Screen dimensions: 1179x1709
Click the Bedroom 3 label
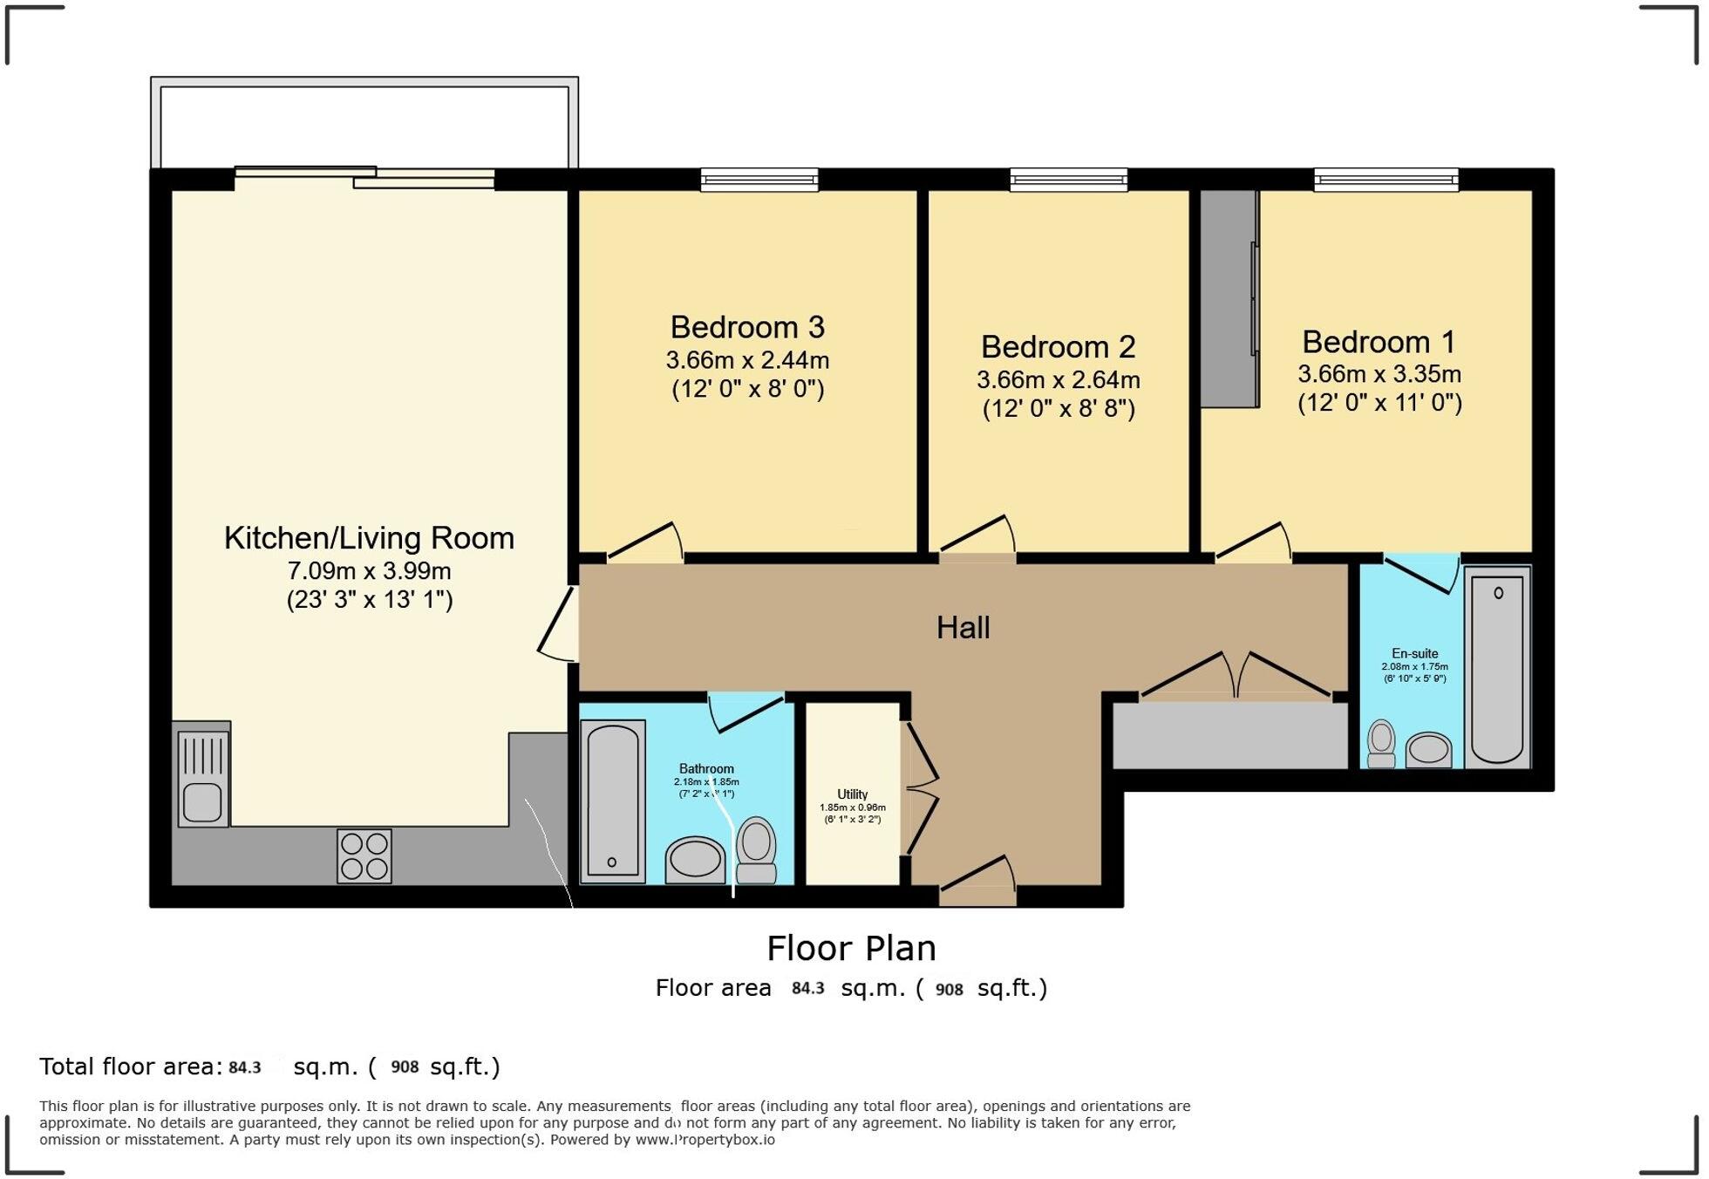tap(747, 328)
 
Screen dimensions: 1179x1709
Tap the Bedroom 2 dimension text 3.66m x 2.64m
tap(1058, 380)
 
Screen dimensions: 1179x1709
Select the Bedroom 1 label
tap(1379, 342)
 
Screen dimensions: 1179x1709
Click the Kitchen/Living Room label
tap(369, 538)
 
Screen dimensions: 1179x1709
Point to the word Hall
tap(963, 628)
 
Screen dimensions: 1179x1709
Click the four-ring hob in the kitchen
tap(364, 855)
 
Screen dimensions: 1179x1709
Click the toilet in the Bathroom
tap(756, 850)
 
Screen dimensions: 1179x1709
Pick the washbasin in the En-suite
tap(1428, 749)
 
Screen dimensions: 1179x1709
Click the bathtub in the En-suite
tap(1497, 667)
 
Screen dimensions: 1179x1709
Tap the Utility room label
tap(852, 794)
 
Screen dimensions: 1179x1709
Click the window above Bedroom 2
tap(1068, 181)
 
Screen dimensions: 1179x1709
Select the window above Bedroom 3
tap(759, 181)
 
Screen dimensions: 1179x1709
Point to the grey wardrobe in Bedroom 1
tap(1229, 298)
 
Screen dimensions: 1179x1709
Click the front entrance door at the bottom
tap(978, 883)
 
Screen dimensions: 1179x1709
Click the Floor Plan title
tap(851, 948)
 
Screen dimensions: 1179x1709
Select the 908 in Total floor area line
tap(405, 1067)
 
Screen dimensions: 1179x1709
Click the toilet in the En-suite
tap(1381, 743)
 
